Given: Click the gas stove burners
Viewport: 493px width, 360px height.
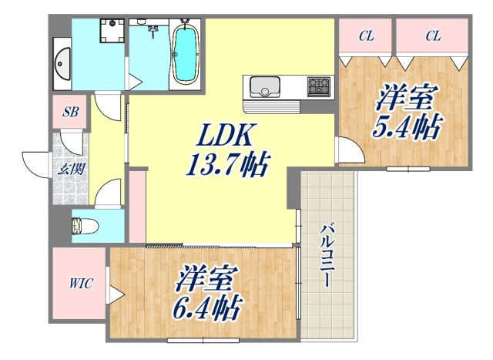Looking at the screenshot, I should point(318,85).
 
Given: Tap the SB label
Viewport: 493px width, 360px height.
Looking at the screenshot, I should point(70,112).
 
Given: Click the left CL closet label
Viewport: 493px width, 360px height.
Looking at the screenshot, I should point(367,35).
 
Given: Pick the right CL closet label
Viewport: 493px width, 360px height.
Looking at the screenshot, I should point(432,35).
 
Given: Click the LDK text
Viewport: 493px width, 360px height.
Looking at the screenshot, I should point(223,136).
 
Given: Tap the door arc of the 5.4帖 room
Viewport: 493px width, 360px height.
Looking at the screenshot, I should point(348,151).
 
